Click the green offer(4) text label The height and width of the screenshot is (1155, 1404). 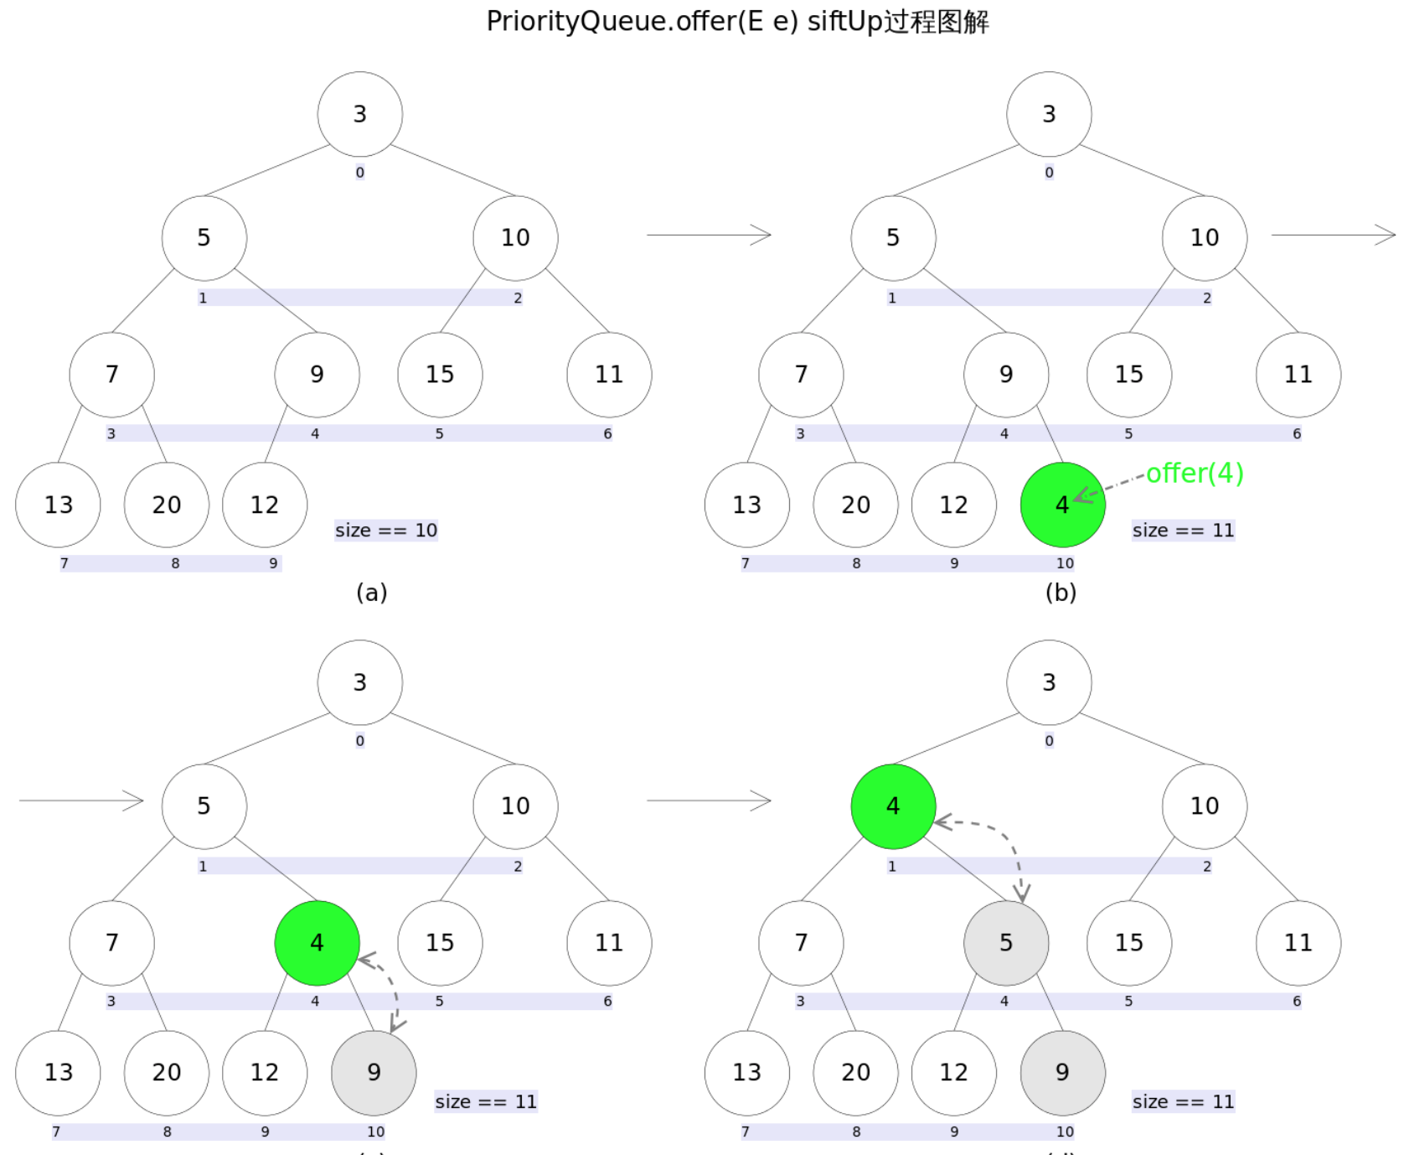tap(1194, 474)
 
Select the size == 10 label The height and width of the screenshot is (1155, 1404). tap(386, 530)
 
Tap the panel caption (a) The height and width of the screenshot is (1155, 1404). tap(371, 593)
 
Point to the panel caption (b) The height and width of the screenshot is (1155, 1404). tap(1061, 593)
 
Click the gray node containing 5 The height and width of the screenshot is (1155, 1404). tap(1006, 943)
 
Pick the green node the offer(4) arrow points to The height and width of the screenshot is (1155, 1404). tap(1062, 505)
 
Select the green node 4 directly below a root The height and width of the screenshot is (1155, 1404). tap(893, 806)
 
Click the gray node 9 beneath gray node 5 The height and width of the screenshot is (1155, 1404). tap(1062, 1073)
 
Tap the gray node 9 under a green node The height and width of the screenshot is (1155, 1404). tap(374, 1073)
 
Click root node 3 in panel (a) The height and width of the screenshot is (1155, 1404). tap(359, 114)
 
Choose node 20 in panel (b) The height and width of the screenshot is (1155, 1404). tap(855, 505)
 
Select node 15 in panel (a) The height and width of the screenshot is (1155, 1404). tap(440, 375)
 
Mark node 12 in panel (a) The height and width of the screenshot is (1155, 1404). tap(265, 505)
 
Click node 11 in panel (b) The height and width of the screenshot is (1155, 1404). tap(1298, 375)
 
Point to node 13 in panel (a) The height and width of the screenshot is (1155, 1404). tap(58, 505)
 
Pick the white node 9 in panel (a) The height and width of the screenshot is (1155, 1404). tap(317, 375)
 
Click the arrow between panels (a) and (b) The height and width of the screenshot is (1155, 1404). tap(709, 235)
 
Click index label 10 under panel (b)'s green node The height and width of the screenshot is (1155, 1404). tap(1065, 563)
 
